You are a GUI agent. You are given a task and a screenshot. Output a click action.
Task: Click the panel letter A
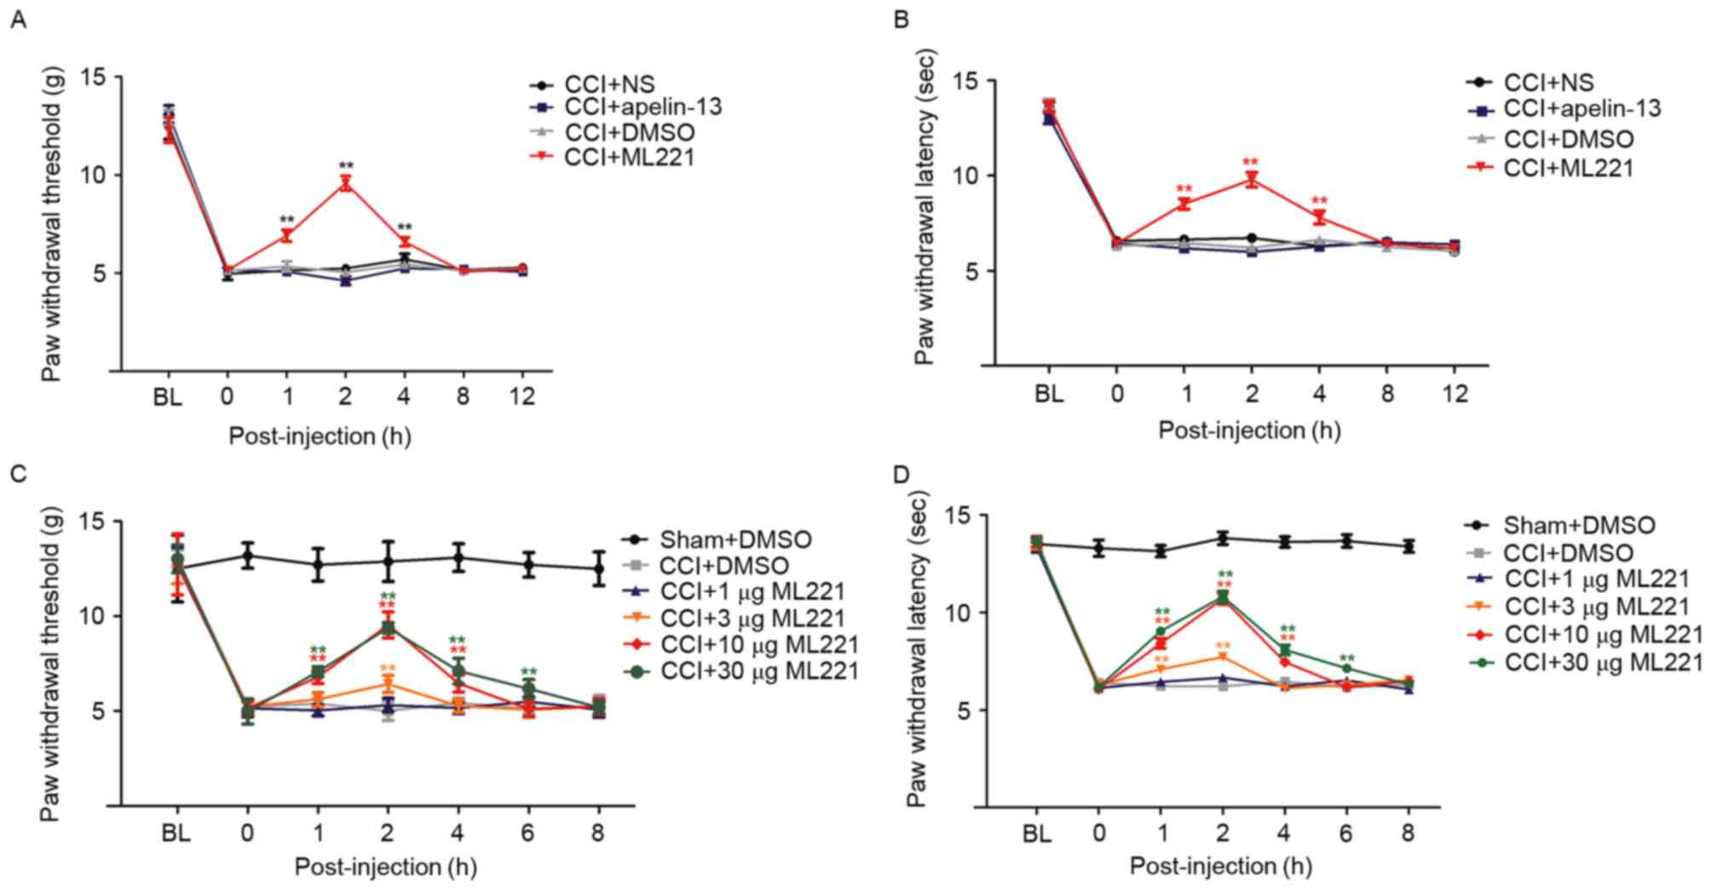[x=17, y=19]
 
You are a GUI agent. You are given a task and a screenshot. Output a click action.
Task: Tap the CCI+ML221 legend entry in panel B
[x=1568, y=168]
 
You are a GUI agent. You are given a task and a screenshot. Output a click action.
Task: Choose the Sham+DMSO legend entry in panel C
[x=735, y=539]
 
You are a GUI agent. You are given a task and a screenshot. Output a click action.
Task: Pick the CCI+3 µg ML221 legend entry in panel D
[x=1596, y=606]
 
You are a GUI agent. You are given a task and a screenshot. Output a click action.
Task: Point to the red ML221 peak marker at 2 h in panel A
[x=346, y=183]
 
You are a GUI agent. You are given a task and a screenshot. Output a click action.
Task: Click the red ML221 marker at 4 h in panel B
[x=1319, y=217]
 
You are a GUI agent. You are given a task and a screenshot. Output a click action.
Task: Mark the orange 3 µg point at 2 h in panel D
[x=1223, y=657]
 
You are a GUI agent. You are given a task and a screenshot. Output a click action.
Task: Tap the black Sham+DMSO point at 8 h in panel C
[x=598, y=568]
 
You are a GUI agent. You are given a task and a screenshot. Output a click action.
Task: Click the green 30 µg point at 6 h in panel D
[x=1346, y=668]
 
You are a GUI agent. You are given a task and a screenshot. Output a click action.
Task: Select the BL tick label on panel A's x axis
[x=168, y=397]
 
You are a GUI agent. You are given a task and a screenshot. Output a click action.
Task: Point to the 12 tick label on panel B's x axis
[x=1455, y=393]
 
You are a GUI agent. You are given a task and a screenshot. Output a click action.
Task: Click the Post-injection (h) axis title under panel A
[x=320, y=436]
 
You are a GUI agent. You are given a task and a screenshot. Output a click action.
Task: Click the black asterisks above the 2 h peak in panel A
[x=346, y=165]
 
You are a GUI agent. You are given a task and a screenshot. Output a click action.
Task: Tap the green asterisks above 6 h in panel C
[x=528, y=672]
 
